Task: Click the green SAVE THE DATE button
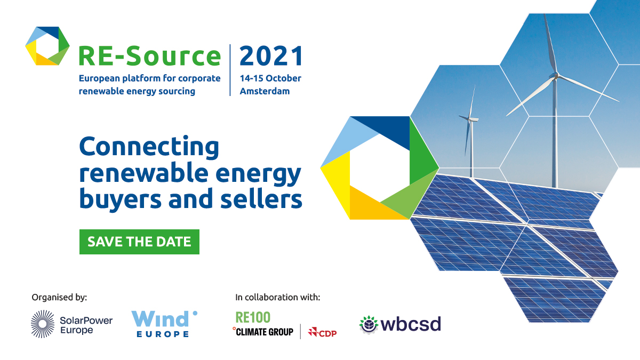[139, 242]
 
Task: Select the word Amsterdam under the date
[265, 91]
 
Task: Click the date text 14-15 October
[270, 78]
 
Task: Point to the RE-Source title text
[149, 56]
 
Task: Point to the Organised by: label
[59, 297]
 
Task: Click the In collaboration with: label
[277, 297]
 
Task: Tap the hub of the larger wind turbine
[555, 75]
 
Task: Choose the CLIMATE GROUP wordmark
[266, 332]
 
